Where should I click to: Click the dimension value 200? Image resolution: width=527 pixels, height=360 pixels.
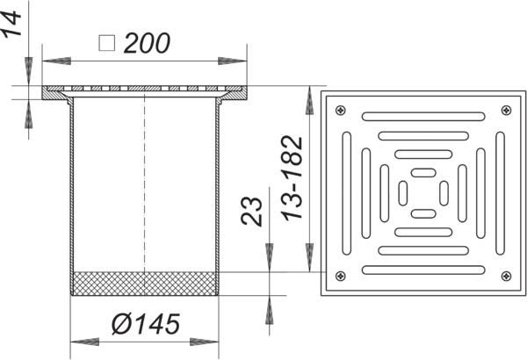tap(147, 43)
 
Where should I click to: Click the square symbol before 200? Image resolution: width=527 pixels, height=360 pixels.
tap(107, 43)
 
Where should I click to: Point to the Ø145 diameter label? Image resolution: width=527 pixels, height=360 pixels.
tap(146, 324)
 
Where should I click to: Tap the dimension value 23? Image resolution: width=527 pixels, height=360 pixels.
tap(251, 212)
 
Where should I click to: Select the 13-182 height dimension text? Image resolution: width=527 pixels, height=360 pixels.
tap(292, 178)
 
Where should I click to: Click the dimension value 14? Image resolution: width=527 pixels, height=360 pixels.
tap(11, 23)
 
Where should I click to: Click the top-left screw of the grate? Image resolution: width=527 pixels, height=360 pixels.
tap(341, 110)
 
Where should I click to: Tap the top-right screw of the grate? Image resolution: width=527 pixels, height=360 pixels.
tap(506, 110)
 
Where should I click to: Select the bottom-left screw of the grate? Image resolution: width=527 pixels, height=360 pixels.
tap(341, 276)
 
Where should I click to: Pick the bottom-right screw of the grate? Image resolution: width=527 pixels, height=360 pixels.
tap(506, 276)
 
